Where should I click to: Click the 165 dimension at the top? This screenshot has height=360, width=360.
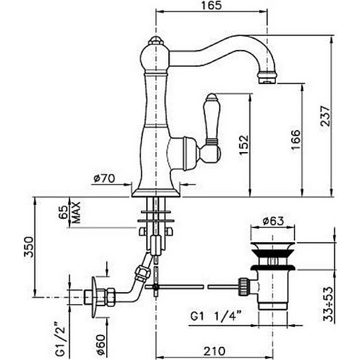pyautogui.click(x=211, y=5)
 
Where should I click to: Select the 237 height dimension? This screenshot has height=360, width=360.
pyautogui.click(x=325, y=116)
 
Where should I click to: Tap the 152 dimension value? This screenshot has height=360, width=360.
pyautogui.click(x=243, y=145)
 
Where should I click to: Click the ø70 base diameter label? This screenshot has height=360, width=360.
pyautogui.click(x=104, y=178)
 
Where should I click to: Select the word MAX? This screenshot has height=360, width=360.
pyautogui.click(x=76, y=212)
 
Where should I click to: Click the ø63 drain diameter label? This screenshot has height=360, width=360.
pyautogui.click(x=273, y=221)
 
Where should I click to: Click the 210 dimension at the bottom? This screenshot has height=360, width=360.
pyautogui.click(x=215, y=351)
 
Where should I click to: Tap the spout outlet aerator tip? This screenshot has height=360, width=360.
pyautogui.click(x=267, y=78)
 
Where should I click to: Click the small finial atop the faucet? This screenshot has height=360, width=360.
pyautogui.click(x=156, y=41)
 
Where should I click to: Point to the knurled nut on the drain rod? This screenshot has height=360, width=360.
pyautogui.click(x=244, y=287)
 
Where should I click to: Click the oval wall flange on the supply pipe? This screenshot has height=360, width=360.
pyautogui.click(x=94, y=297)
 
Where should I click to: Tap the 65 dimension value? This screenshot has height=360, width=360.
pyautogui.click(x=65, y=212)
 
